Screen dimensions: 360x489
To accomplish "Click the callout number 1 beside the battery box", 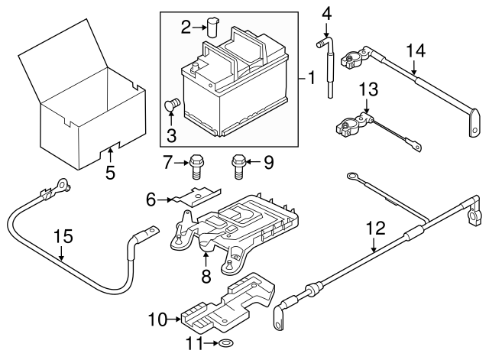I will [x=311, y=77].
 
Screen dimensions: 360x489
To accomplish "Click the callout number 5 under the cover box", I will [x=110, y=173].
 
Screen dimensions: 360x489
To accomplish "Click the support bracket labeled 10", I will [x=222, y=306].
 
